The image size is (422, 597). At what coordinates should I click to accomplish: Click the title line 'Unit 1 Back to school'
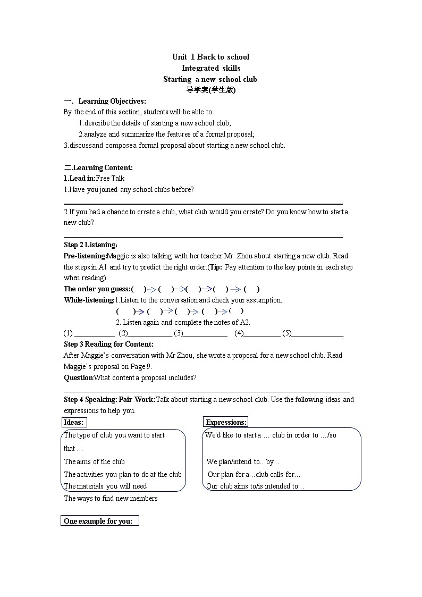click(x=210, y=57)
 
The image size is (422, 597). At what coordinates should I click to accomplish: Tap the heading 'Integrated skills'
click(x=210, y=68)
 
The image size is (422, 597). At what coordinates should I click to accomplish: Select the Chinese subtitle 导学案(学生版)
click(x=210, y=90)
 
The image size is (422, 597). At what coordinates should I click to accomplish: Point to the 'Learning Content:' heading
click(x=102, y=167)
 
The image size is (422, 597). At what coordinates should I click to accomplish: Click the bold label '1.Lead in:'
click(x=79, y=178)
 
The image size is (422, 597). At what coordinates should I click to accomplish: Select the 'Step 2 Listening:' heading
click(x=90, y=245)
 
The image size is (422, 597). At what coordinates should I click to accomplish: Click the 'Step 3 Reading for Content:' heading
click(x=108, y=344)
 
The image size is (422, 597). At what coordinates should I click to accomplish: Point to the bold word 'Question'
click(x=78, y=377)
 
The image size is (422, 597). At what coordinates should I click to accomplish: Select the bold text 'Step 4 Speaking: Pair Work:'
click(x=109, y=399)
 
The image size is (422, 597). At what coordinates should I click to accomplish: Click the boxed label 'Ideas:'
click(x=74, y=422)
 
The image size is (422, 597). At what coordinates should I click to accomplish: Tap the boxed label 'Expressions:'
click(x=226, y=422)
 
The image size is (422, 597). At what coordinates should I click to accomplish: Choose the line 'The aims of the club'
click(x=95, y=461)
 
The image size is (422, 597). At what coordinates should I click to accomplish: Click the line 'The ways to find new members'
click(x=111, y=498)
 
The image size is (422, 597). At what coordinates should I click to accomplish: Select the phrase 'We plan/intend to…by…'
click(x=243, y=461)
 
